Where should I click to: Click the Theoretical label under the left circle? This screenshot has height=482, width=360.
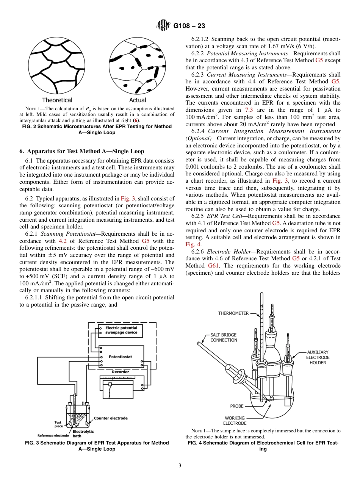click(x=57, y=100)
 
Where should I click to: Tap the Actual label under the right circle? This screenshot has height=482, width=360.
click(x=138, y=100)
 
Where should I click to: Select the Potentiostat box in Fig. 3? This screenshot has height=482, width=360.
click(x=121, y=357)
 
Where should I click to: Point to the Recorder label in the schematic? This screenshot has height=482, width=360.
click(x=120, y=372)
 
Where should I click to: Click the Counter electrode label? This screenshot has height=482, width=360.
click(x=111, y=418)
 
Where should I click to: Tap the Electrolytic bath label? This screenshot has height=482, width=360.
click(x=83, y=433)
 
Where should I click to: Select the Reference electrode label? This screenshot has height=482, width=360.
click(x=53, y=435)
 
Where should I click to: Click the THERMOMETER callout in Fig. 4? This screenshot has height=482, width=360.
click(x=233, y=313)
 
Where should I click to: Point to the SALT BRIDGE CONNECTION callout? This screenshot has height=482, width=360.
click(x=224, y=338)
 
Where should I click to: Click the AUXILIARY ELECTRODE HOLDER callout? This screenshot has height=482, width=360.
click(x=318, y=357)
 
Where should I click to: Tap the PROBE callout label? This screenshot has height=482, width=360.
click(x=237, y=406)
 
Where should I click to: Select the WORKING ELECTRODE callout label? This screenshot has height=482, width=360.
click(x=235, y=421)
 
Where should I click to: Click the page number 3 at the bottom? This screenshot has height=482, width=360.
click(x=180, y=466)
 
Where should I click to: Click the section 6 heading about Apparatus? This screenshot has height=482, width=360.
click(x=82, y=151)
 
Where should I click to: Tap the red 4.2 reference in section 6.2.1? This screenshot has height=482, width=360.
click(x=63, y=241)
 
